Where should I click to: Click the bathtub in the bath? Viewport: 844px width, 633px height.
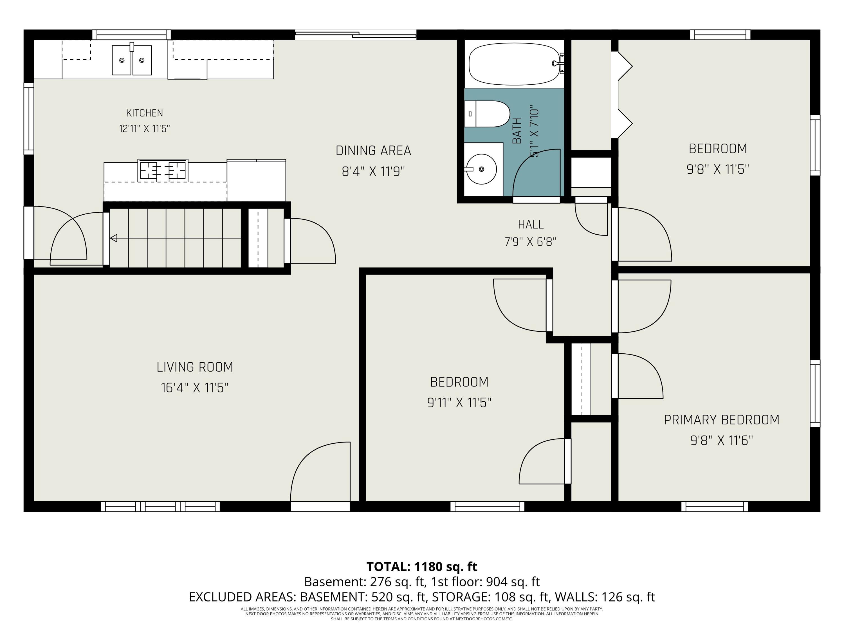[515, 64]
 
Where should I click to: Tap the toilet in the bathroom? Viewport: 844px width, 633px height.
[487, 114]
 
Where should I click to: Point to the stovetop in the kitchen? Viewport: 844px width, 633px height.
[163, 170]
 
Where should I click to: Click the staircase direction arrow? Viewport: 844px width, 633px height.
[176, 239]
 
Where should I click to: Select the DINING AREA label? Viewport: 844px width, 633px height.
[373, 151]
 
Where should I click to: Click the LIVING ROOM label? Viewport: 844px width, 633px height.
[195, 367]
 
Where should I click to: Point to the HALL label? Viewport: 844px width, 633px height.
[531, 224]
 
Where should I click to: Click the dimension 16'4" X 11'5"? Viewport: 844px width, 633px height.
[195, 388]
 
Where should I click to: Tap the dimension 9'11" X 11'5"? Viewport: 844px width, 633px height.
[459, 403]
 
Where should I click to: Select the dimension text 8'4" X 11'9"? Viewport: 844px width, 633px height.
[373, 171]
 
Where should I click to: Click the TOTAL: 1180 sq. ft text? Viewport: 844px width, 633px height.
[422, 567]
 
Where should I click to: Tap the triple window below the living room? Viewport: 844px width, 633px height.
[160, 507]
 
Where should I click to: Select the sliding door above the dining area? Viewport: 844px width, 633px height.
[356, 35]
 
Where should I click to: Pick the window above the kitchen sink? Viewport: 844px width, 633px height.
[132, 35]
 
